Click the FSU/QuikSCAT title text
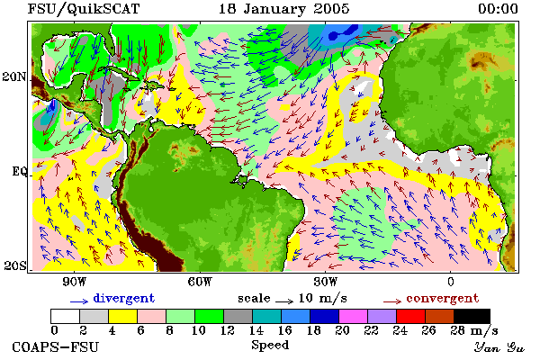coord(84,9)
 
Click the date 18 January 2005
coord(284,9)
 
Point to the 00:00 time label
coord(498,9)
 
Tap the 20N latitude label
coord(14,76)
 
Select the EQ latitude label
coord(19,171)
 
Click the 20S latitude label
coord(15,265)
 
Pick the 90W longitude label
coord(75,282)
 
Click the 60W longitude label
coord(200,282)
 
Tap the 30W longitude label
coord(326,282)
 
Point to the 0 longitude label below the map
coord(451,282)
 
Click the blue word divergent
coord(123,298)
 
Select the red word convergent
coord(443,298)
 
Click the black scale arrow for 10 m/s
coord(284,302)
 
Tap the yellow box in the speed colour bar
coord(123,316)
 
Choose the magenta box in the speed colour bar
coord(354,316)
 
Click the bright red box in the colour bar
coord(411,316)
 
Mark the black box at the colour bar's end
coord(472,316)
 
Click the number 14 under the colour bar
coord(256,330)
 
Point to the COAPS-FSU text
coord(56,346)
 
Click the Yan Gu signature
coord(499,347)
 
